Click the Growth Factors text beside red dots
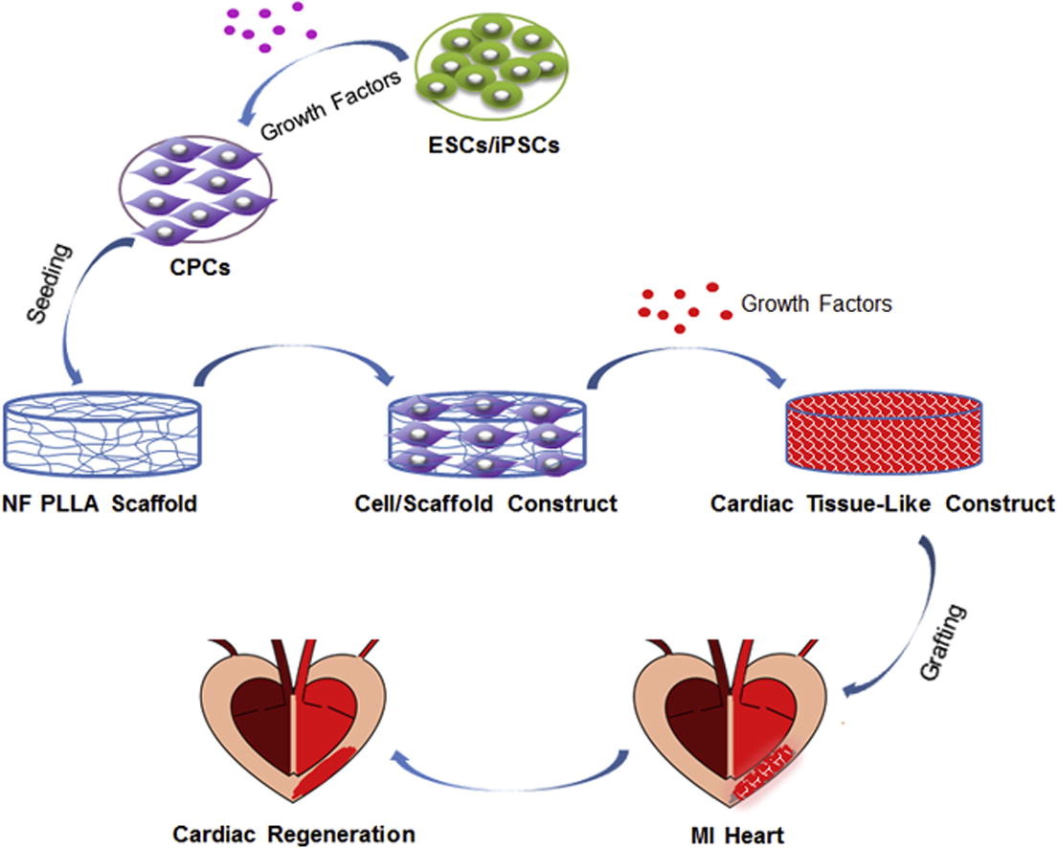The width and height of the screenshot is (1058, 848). point(817,304)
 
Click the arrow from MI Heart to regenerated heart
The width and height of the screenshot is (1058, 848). point(508,761)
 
